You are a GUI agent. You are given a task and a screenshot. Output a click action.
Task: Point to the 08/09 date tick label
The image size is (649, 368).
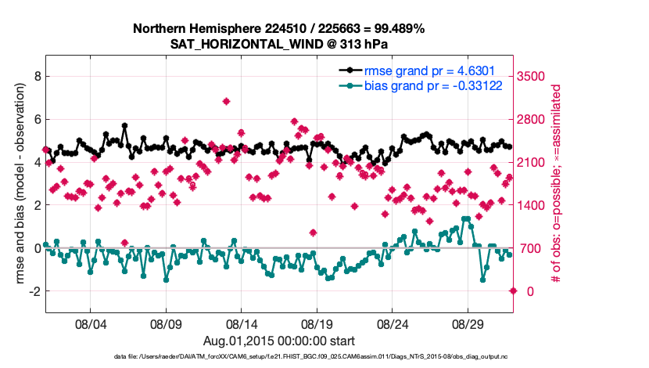[x=166, y=323]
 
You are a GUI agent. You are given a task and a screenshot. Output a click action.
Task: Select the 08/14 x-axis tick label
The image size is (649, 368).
[x=242, y=323]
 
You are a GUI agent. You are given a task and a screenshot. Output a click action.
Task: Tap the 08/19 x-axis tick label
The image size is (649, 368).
[x=317, y=323]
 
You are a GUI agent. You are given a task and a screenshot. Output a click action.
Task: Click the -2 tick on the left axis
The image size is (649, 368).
[x=33, y=291]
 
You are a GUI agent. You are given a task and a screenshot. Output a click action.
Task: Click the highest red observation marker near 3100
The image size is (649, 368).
[x=226, y=101]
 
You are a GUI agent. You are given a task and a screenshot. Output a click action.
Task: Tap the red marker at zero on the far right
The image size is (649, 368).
[x=513, y=290]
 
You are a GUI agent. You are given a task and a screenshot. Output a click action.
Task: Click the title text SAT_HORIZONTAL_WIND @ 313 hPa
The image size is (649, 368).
[x=278, y=44]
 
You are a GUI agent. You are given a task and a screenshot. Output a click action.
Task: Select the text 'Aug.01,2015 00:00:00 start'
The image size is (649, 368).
[x=278, y=341]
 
